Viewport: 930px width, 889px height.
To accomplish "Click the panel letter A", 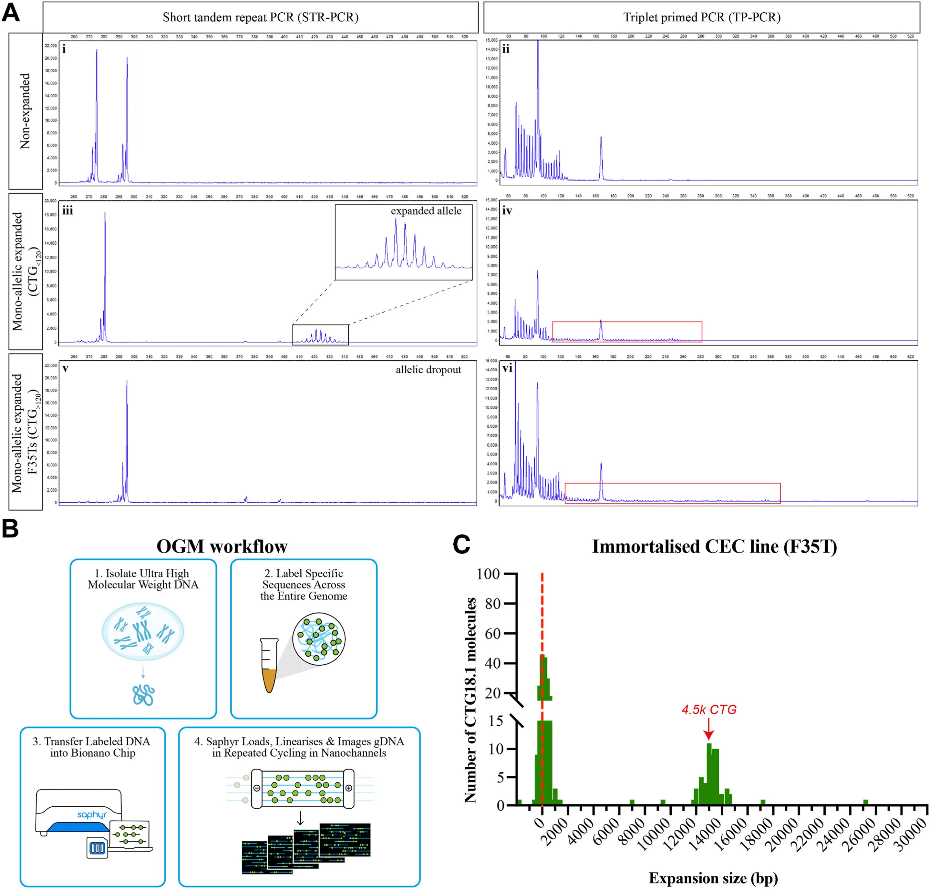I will coord(11,13).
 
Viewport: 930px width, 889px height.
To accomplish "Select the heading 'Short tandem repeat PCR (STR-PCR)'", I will coord(260,17).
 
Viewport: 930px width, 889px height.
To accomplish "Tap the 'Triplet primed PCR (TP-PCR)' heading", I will coord(701,17).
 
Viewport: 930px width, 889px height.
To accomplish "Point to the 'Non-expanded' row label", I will coord(25,111).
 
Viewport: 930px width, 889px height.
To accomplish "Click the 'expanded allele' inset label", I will coord(426,211).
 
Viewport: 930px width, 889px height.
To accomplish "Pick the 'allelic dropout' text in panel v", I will coord(428,370).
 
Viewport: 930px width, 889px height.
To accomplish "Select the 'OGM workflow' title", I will coord(222,547).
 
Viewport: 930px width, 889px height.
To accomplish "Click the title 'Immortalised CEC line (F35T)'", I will coord(714,547).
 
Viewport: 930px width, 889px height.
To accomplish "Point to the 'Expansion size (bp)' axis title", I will coord(713,878).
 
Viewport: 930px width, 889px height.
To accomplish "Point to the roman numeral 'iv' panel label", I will coord(507,210).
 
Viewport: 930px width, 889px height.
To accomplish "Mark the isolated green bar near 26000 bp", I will coord(865,802).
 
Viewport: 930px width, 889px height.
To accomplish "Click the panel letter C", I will coord(461,545).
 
